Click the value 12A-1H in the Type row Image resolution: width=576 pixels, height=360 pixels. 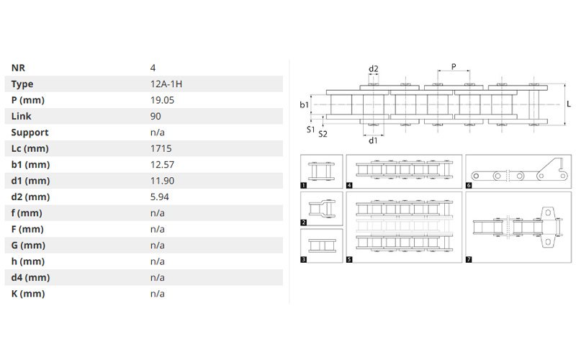[166, 84]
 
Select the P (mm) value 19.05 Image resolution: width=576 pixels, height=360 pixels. [162, 100]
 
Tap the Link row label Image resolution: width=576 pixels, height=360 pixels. [22, 117]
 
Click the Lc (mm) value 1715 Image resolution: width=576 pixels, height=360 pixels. [161, 148]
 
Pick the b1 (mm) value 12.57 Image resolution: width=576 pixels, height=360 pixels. [162, 165]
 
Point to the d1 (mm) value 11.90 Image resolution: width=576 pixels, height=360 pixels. [162, 181]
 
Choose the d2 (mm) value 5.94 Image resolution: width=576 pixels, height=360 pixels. [159, 197]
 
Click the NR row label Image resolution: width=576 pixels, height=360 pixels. [18, 68]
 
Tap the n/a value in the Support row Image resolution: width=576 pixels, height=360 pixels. [157, 132]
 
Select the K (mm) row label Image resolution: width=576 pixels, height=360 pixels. [28, 294]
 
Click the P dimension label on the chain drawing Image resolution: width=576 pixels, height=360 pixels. [454, 66]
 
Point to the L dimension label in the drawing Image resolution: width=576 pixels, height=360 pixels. [569, 104]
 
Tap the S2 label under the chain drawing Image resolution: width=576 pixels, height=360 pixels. [323, 134]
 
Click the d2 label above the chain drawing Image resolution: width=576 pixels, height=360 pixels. [373, 68]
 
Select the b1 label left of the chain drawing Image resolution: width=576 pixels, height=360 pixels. [304, 105]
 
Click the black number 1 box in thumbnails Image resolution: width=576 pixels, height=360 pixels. [303, 186]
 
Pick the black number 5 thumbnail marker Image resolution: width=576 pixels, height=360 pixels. [349, 259]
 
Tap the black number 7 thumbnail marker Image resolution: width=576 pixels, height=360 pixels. [469, 259]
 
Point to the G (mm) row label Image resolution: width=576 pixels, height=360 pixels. [28, 246]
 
